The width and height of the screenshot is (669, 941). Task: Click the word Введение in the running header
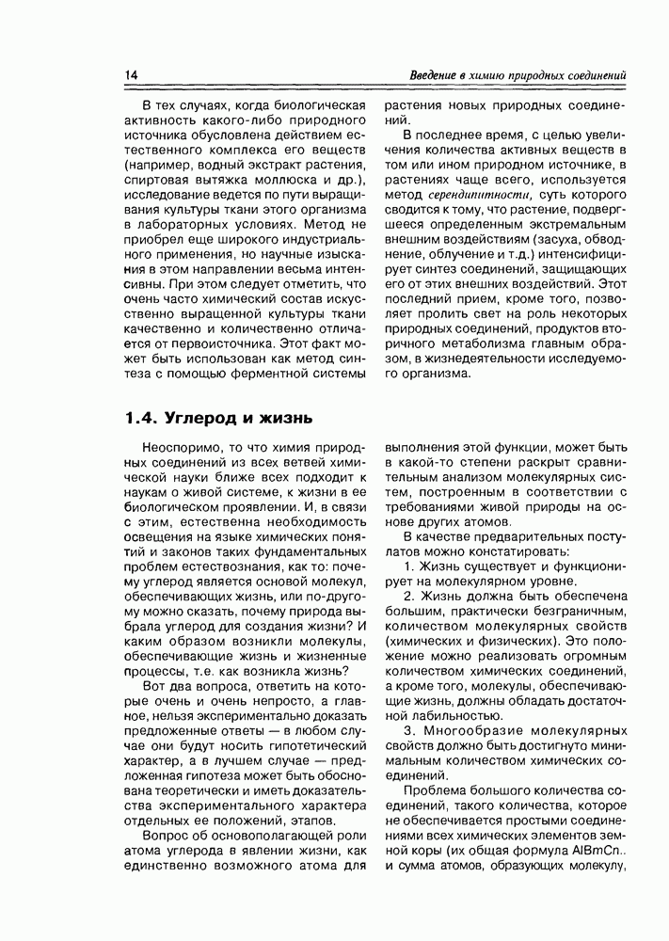click(439, 75)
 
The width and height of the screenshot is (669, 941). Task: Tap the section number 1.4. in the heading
click(142, 418)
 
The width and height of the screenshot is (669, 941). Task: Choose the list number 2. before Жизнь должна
click(409, 598)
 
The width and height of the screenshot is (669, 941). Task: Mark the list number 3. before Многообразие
click(409, 729)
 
